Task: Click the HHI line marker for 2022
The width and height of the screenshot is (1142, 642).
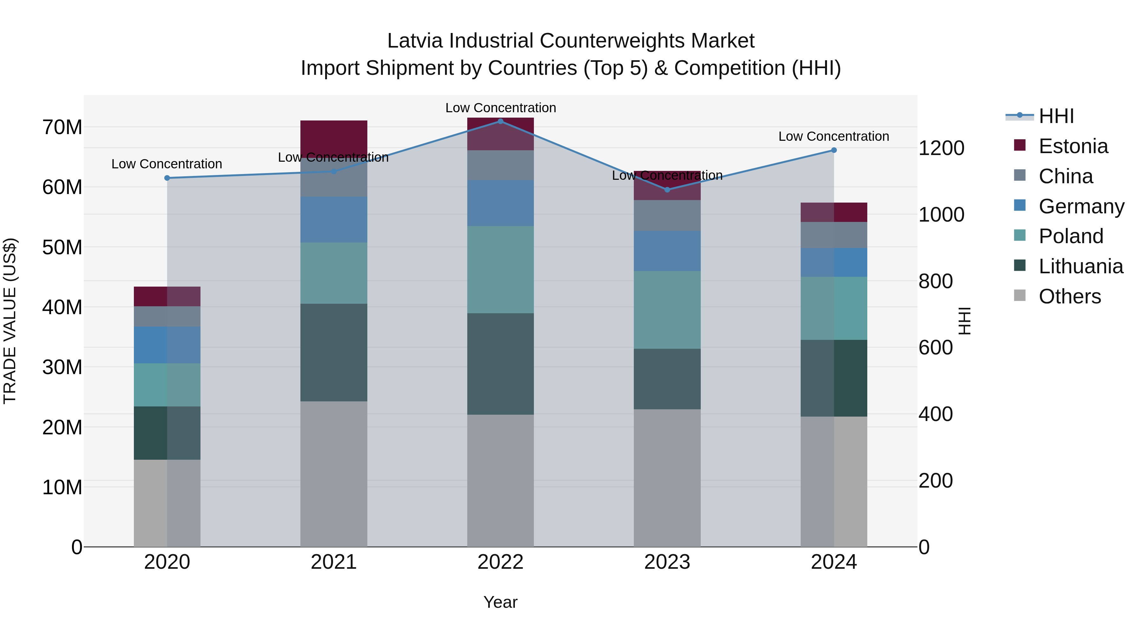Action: pos(501,121)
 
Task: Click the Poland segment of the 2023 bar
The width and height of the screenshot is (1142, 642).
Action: pos(667,310)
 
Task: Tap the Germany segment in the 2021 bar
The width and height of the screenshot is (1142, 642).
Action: pos(334,220)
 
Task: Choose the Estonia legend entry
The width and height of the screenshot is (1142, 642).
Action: pos(1073,146)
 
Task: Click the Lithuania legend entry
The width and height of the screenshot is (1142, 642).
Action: pos(1080,266)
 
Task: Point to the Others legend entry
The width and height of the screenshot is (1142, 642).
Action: pos(1069,296)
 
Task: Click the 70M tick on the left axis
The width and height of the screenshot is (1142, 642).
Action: pos(62,127)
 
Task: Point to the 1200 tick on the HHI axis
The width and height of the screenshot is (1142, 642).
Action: pos(941,148)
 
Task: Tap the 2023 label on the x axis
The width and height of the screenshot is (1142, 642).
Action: pos(667,562)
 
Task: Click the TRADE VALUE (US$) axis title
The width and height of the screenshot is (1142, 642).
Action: pos(10,321)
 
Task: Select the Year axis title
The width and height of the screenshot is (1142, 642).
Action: pos(501,602)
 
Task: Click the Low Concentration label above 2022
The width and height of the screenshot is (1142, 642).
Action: pos(501,108)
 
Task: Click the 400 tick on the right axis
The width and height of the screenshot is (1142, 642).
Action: pos(935,414)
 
